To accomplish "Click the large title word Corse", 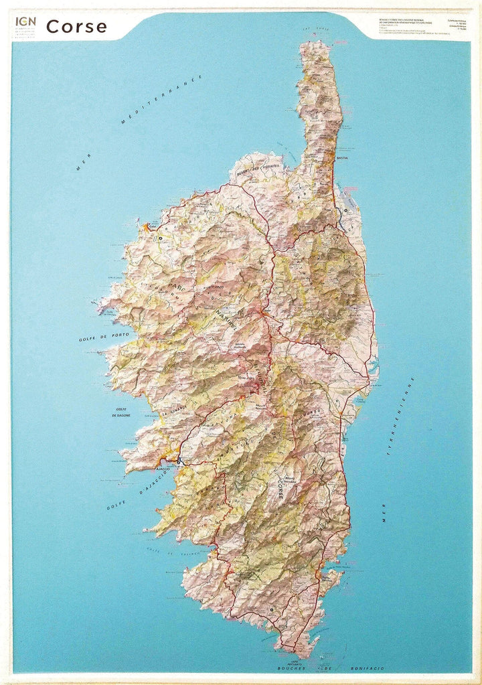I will [x=76, y=27].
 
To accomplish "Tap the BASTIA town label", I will [x=343, y=159].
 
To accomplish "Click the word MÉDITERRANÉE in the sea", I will [x=161, y=100].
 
